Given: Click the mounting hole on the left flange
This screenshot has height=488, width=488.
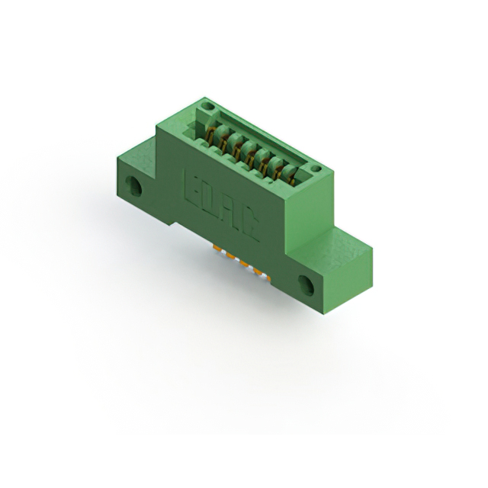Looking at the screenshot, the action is click(x=134, y=186).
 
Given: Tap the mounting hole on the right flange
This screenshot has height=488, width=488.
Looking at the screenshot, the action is click(x=307, y=284).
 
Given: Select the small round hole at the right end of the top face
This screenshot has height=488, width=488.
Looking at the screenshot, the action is click(x=316, y=169).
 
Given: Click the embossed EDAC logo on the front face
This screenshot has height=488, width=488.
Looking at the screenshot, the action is click(x=222, y=205).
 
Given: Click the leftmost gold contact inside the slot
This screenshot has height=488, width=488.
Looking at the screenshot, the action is click(x=210, y=134).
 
